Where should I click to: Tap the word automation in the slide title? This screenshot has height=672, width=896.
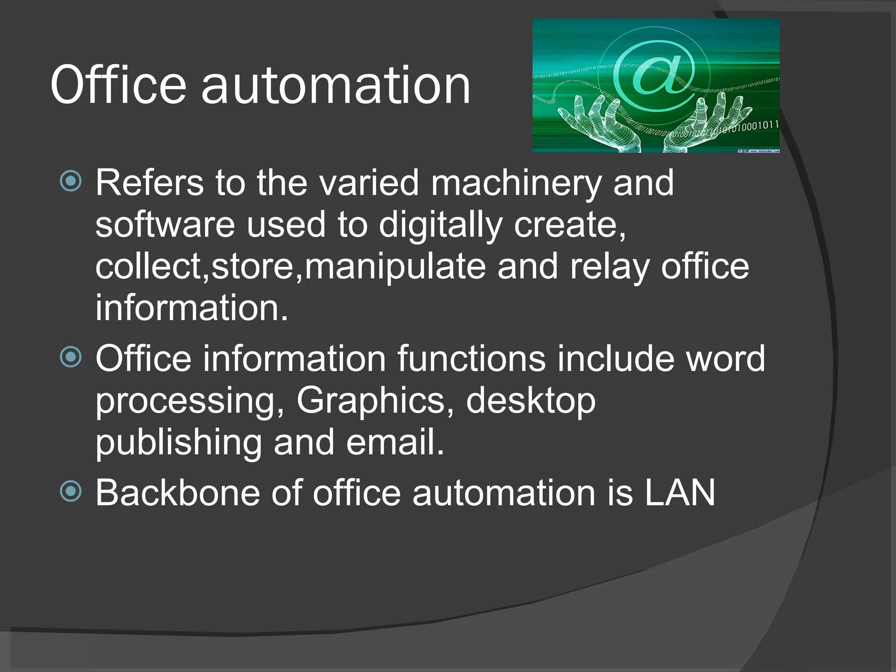point(336,86)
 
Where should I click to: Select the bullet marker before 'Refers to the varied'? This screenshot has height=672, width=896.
point(71,181)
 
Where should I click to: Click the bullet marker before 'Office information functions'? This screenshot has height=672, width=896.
point(71,357)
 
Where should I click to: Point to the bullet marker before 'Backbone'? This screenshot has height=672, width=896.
point(71,490)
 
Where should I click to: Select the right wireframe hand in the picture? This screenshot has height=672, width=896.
point(709,125)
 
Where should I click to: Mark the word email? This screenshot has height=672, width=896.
point(395,442)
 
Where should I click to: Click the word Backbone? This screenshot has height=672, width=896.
point(178,493)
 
